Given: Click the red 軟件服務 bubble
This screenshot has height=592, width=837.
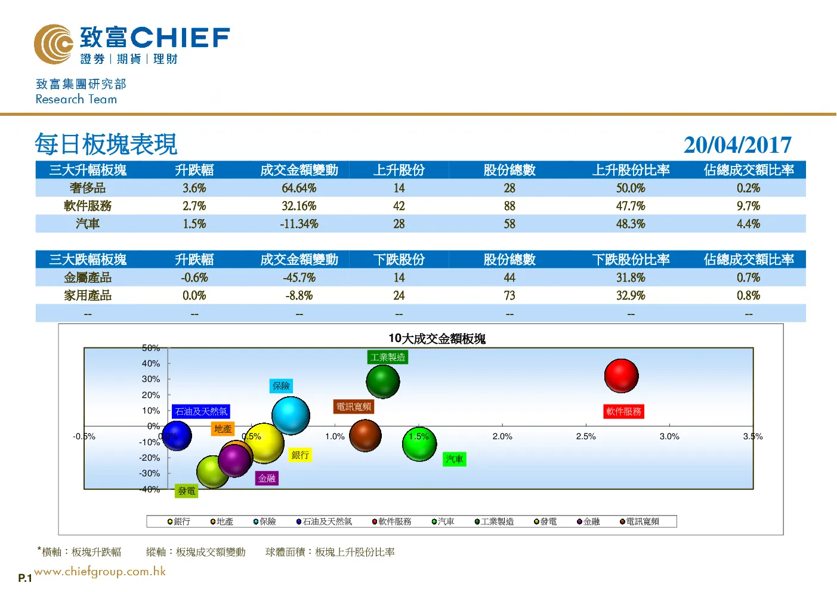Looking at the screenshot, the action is pyautogui.click(x=621, y=375).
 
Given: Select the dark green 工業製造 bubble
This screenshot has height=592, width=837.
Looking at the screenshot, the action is pyautogui.click(x=382, y=381).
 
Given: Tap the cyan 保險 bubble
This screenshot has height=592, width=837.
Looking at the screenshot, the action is pyautogui.click(x=291, y=415).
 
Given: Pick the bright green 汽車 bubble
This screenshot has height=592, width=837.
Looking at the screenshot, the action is pyautogui.click(x=419, y=445).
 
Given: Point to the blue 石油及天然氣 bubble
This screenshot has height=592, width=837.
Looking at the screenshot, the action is pyautogui.click(x=177, y=436).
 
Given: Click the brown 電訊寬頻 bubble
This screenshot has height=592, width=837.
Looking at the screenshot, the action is pyautogui.click(x=365, y=436).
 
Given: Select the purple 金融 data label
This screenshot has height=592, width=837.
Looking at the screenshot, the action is pyautogui.click(x=267, y=479).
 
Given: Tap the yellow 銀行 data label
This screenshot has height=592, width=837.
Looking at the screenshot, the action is pyautogui.click(x=300, y=455).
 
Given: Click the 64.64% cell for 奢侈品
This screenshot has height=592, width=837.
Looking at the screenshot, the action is pyautogui.click(x=299, y=187).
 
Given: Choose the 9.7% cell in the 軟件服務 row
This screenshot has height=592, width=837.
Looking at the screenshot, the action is pyautogui.click(x=748, y=205).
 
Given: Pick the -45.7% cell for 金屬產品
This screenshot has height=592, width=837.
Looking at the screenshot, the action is pyautogui.click(x=299, y=277).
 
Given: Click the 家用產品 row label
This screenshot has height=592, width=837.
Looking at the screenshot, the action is pyautogui.click(x=88, y=295).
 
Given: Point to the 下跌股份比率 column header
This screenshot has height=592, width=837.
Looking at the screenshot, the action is pyautogui.click(x=631, y=259).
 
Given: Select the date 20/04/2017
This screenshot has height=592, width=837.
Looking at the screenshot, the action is pyautogui.click(x=737, y=144).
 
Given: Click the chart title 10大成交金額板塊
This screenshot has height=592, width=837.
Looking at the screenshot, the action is pyautogui.click(x=437, y=338).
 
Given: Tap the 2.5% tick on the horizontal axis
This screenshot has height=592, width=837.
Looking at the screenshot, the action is pyautogui.click(x=586, y=436).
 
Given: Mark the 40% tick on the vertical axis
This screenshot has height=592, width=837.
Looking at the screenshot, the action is pyautogui.click(x=151, y=363).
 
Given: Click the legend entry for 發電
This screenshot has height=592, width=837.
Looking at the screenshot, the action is pyautogui.click(x=545, y=522).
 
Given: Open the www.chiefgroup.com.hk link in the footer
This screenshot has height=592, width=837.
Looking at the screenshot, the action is pyautogui.click(x=100, y=572).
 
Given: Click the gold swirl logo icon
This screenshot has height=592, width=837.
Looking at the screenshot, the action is pyautogui.click(x=54, y=44).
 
